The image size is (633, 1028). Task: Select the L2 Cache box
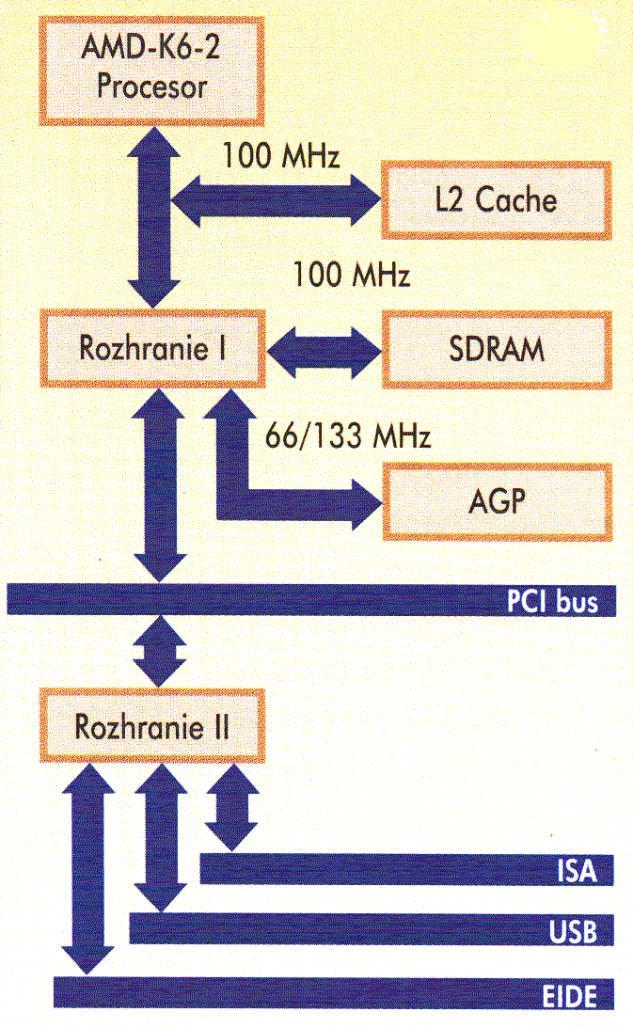(x=497, y=199)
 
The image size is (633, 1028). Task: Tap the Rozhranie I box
(x=151, y=349)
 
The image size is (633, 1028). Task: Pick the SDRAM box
(x=497, y=349)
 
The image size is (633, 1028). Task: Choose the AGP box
(x=497, y=500)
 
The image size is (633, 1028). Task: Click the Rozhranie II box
(x=151, y=726)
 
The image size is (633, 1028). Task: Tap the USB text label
(x=574, y=931)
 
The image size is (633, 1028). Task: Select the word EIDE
(x=568, y=994)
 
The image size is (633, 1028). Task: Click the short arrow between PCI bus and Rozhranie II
(x=157, y=651)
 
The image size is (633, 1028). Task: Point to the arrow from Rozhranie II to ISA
(x=230, y=804)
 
